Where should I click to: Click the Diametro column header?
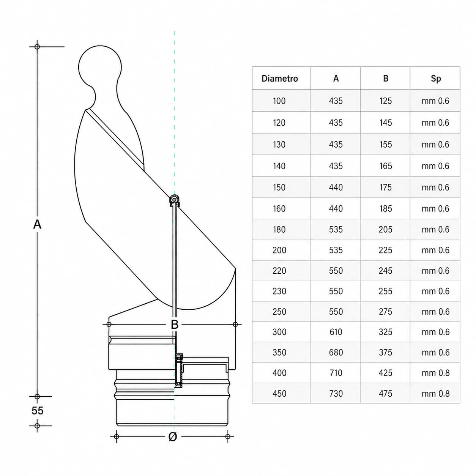point(279,79)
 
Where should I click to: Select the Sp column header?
point(435,79)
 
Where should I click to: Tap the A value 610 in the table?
point(336,332)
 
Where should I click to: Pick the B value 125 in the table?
point(385,101)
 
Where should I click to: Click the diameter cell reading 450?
point(279,394)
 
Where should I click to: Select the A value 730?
point(336,394)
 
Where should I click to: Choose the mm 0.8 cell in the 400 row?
point(435,373)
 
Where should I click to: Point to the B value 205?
point(385,230)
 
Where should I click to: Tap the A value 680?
point(336,352)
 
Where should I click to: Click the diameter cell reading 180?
point(279,230)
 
